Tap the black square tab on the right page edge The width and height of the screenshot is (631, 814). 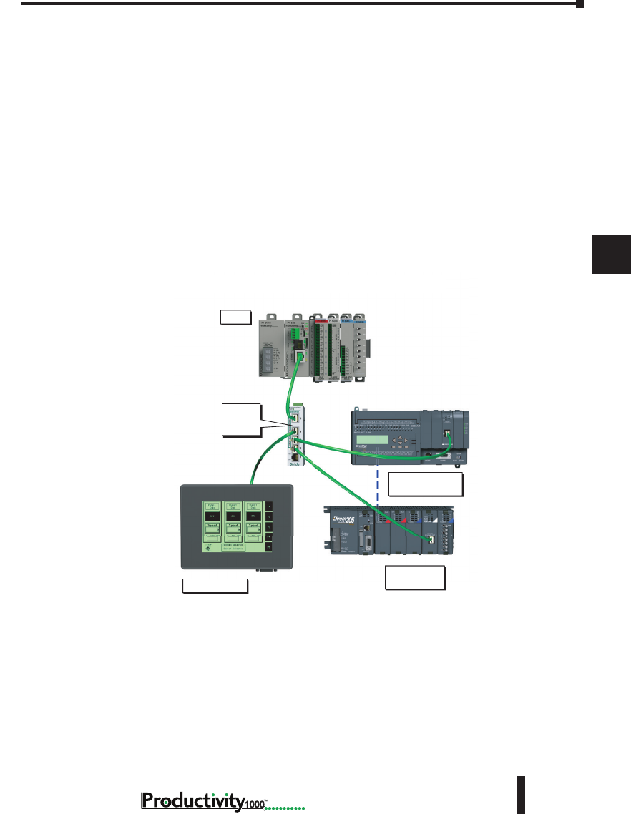611,254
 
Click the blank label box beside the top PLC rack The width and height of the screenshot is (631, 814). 235,316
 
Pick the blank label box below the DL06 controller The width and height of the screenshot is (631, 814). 425,484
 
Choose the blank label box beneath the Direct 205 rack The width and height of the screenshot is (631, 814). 415,578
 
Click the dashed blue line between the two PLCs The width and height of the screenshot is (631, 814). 377,486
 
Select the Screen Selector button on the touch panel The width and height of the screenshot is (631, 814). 232,547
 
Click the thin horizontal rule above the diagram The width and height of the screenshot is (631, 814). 308,290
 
